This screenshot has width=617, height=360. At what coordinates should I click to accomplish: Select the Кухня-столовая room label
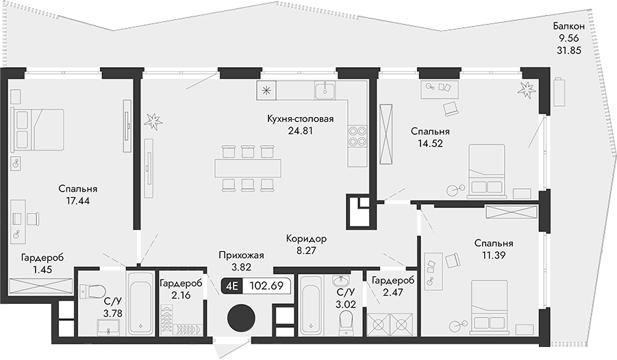(x=300, y=118)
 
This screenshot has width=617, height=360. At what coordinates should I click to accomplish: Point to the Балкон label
(x=570, y=27)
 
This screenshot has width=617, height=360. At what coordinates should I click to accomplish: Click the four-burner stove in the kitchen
(x=356, y=137)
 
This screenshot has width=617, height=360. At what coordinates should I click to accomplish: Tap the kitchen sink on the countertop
(x=324, y=90)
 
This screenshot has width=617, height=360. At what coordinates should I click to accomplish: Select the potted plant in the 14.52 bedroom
(x=526, y=88)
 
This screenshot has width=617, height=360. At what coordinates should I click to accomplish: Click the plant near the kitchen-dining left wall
(x=154, y=120)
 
